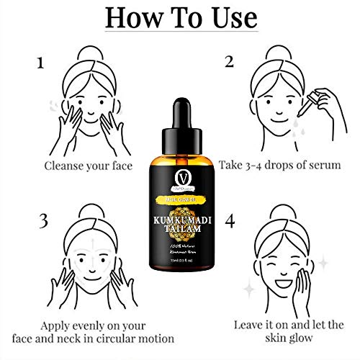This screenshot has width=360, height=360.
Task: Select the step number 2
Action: pyautogui.click(x=230, y=61)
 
